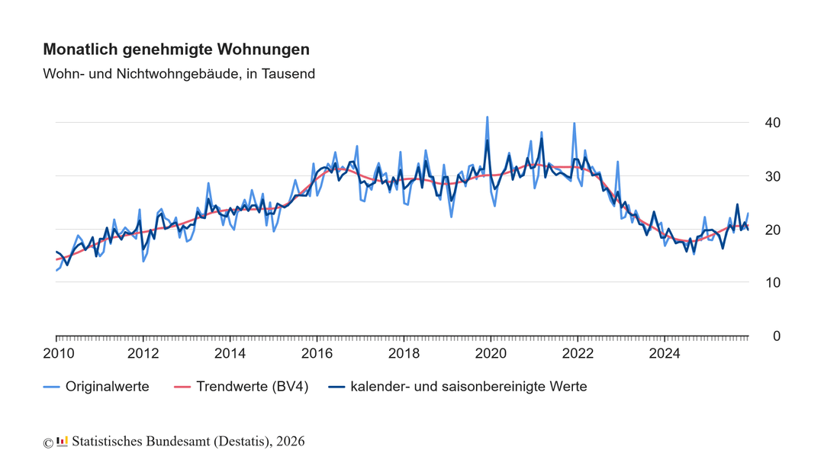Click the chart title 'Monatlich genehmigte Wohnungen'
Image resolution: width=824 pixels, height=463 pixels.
pos(176,50)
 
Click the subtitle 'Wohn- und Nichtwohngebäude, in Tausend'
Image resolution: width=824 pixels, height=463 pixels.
pos(179,74)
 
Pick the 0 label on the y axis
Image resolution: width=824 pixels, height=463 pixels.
pos(776,336)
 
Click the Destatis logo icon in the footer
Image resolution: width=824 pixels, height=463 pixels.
pos(63,441)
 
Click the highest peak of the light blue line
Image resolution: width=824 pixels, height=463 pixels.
pos(488,117)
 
